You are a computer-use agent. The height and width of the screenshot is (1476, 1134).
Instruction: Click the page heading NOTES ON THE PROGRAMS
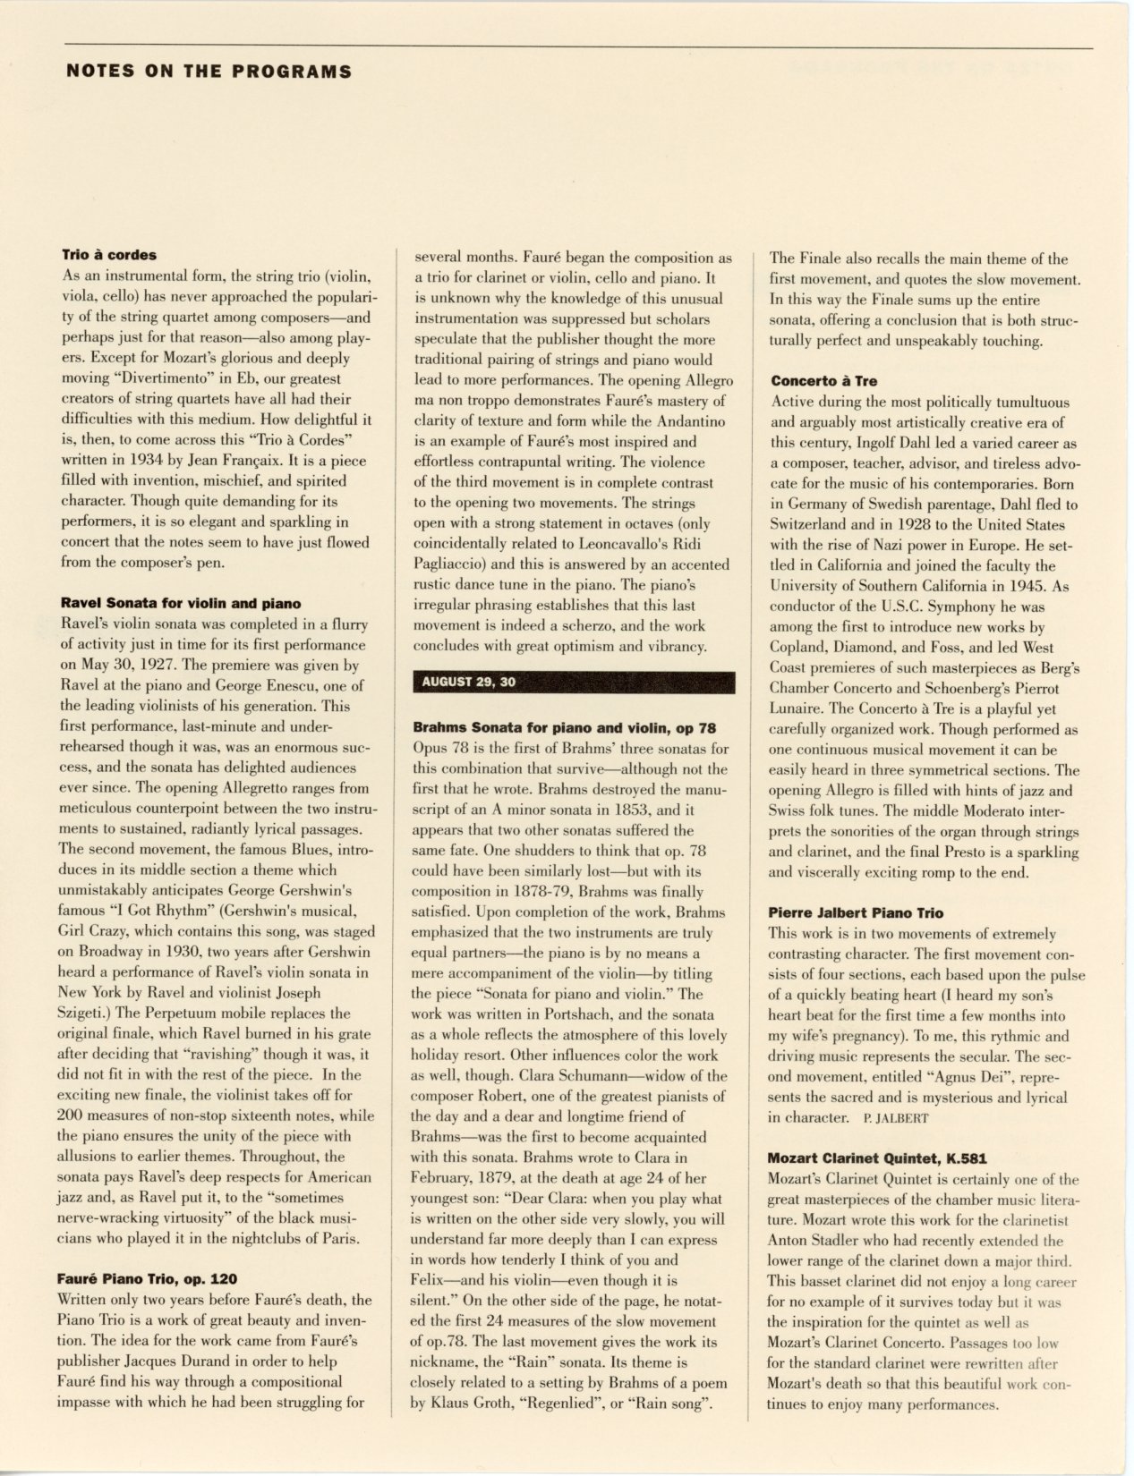[209, 72]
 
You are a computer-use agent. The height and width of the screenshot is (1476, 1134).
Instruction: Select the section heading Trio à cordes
[108, 255]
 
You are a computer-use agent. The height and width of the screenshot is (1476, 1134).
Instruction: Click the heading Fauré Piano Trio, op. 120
[148, 1279]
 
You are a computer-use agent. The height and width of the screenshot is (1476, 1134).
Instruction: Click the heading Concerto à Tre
[823, 381]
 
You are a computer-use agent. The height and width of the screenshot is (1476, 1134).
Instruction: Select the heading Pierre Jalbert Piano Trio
[856, 912]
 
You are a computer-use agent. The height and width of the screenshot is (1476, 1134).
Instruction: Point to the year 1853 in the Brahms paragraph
[622, 810]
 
